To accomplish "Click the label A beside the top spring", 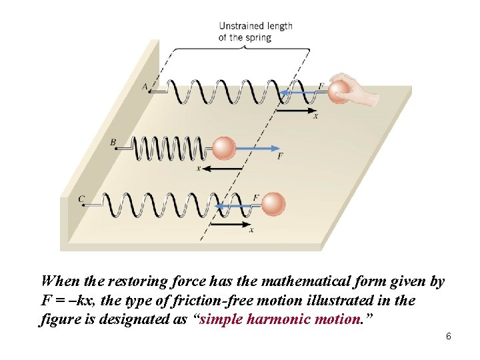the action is [x=145, y=86].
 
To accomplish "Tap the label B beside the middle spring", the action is [x=113, y=142].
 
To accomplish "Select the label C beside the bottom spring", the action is [x=81, y=199].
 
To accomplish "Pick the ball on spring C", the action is [x=273, y=203].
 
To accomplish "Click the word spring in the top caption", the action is [x=259, y=37].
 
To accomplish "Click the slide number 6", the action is [x=449, y=337].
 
